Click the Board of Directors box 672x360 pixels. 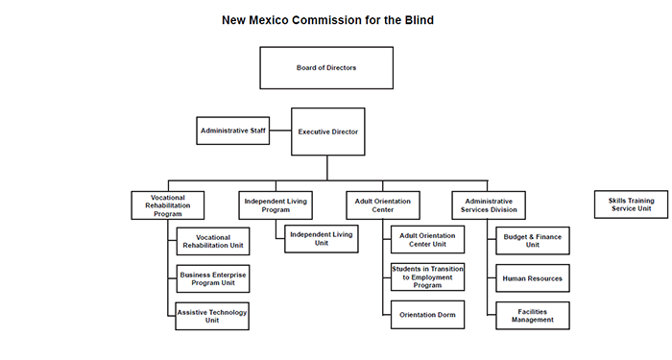point(326,68)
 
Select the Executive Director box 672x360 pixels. point(327,132)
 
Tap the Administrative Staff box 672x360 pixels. point(231,130)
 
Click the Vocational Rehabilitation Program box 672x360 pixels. point(167,204)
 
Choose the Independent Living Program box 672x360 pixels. point(275,204)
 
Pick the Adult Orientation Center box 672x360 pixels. point(382,204)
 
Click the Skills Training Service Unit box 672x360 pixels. point(631,204)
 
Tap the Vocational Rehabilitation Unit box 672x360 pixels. point(213,240)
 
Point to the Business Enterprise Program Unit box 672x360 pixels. point(213,278)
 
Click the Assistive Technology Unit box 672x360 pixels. point(213,316)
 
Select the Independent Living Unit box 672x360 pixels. point(321,238)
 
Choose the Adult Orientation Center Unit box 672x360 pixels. point(428,240)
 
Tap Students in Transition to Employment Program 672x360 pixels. point(428,278)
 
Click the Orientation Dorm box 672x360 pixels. point(428,316)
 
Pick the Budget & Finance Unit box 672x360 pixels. point(533,240)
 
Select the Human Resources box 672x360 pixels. point(533,278)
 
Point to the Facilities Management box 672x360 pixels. point(533,316)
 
